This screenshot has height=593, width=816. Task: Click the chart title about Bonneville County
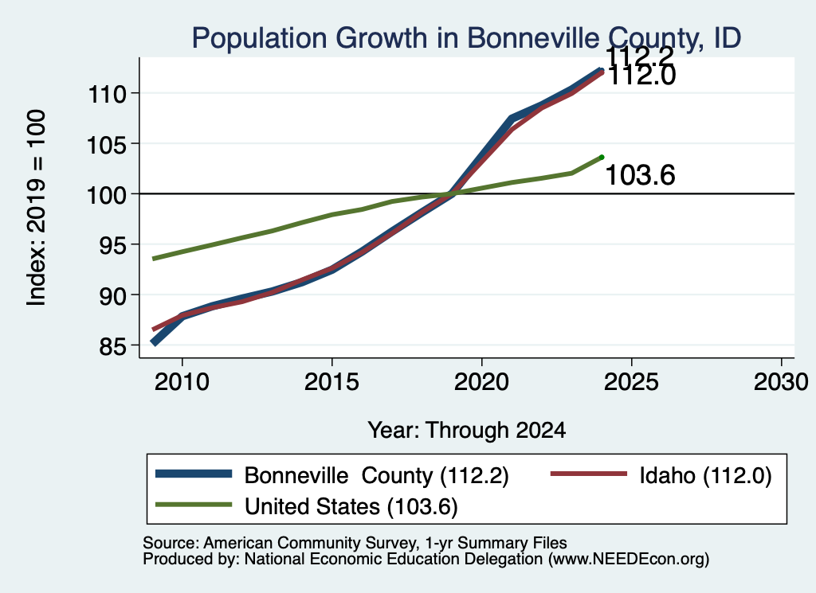point(466,38)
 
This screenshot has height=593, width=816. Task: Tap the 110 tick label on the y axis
point(108,94)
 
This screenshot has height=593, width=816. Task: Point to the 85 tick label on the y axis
point(112,346)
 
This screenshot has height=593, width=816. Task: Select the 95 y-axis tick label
point(112,245)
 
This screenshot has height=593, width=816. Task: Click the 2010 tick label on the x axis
point(182,382)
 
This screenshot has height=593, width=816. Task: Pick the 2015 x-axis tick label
point(331,382)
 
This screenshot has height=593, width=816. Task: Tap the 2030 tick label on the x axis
point(781,382)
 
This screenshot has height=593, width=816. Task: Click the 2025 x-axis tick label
point(631,382)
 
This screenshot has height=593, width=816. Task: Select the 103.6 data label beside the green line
point(640,174)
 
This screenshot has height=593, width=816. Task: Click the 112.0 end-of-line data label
point(641,76)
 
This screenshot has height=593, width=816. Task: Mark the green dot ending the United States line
point(602,157)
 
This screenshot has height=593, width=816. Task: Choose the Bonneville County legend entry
point(332,475)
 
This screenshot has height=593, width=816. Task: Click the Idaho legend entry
point(661,475)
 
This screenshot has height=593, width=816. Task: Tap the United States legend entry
point(307,506)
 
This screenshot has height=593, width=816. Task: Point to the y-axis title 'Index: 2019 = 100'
point(36,208)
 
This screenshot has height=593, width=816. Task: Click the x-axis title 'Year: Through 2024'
point(467,431)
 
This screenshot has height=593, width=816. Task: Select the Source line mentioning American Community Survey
point(355,543)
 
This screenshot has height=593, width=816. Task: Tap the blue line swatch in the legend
point(194,474)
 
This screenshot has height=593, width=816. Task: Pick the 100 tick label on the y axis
point(108,195)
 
